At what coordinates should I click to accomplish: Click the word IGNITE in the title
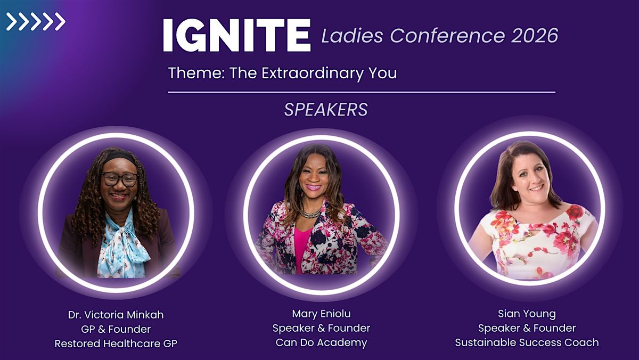coord(237,35)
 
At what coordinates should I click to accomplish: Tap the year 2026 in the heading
coord(534,36)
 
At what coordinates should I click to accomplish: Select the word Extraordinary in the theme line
coord(313,73)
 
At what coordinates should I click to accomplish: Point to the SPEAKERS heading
coord(326,110)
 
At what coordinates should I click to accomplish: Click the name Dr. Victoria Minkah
coord(116,315)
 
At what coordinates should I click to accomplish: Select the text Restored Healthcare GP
coord(116,343)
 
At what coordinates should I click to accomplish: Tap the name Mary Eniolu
coord(321,314)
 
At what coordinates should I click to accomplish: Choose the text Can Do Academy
coord(321,342)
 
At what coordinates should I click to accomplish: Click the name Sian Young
coord(527,314)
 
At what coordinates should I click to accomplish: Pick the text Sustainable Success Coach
coord(527,342)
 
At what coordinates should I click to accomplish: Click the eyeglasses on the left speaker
coord(120,179)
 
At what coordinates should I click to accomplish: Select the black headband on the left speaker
coord(119,158)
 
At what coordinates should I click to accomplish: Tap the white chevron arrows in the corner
coord(36,21)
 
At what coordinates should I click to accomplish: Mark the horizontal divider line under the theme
coord(362,93)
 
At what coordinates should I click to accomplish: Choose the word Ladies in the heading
coord(353,36)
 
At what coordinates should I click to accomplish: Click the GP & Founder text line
coord(116,329)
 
